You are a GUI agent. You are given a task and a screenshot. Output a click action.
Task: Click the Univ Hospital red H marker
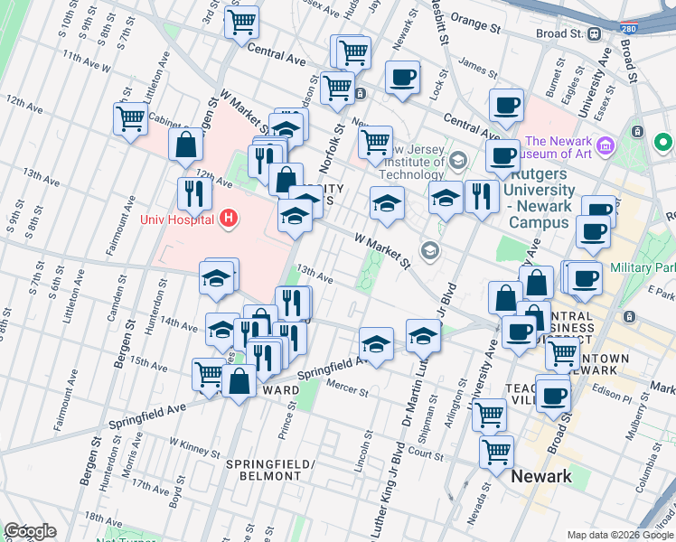click(x=229, y=219)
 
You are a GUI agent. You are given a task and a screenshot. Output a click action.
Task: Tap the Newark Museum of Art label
click(x=559, y=147)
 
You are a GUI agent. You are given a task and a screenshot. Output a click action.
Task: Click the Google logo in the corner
click(x=30, y=531)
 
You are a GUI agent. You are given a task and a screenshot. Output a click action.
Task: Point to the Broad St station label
click(x=561, y=33)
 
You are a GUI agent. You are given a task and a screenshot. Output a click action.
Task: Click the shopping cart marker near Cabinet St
click(x=131, y=117)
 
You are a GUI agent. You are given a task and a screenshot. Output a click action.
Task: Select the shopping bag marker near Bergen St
click(x=185, y=144)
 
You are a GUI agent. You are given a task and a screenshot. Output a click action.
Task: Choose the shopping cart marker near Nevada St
click(x=496, y=452)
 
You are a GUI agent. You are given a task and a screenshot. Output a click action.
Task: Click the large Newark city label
click(x=541, y=476)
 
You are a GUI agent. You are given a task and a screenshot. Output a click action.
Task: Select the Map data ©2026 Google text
click(x=621, y=535)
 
